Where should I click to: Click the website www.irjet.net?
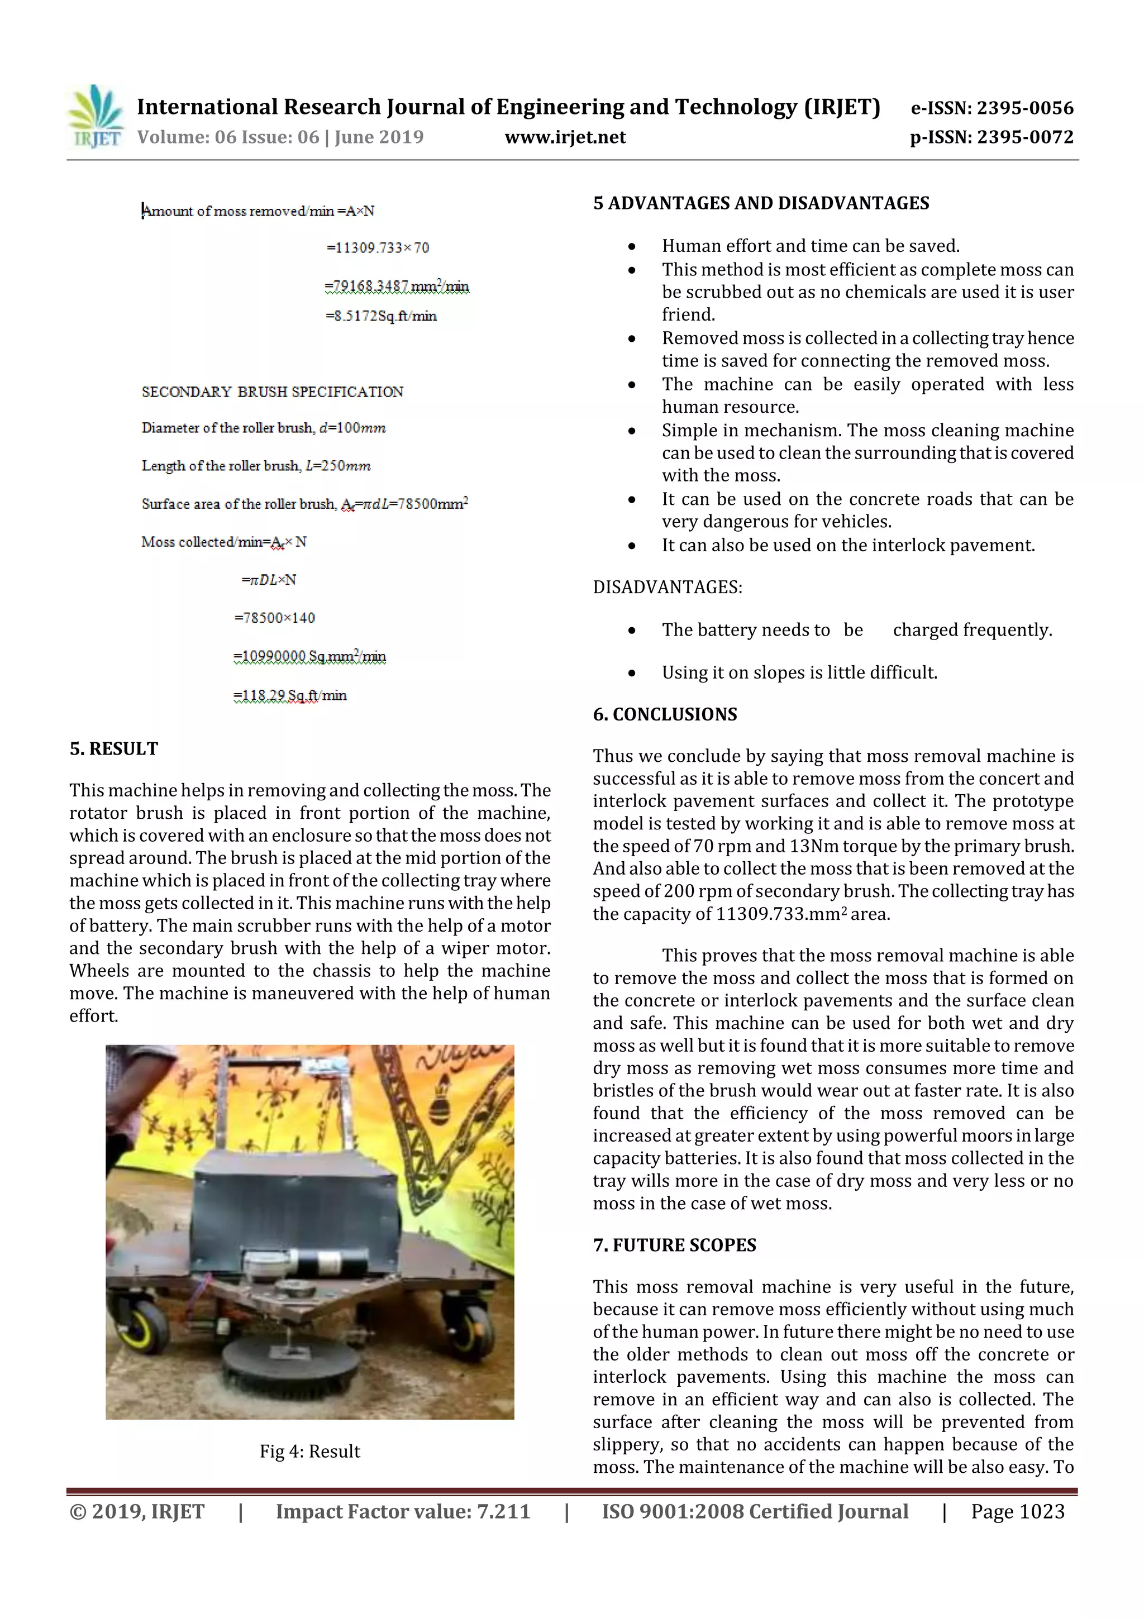(565, 137)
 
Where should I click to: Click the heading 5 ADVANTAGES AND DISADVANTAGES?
(761, 204)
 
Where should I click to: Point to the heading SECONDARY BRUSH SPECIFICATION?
(272, 392)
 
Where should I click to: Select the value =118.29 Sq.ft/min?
(290, 695)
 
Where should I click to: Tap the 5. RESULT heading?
(113, 748)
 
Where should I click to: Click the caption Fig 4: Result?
(309, 1451)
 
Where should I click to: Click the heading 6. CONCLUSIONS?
(664, 714)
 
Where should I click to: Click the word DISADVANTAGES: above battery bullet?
(667, 588)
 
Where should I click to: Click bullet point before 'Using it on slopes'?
(632, 674)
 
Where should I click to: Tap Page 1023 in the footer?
(1017, 1511)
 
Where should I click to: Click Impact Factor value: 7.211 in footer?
(403, 1511)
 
